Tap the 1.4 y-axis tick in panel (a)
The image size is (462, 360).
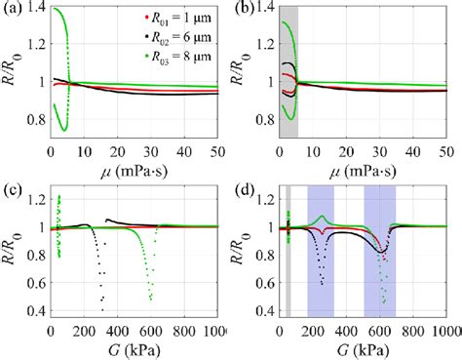(35, 8)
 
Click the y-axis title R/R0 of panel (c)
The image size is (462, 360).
(12, 259)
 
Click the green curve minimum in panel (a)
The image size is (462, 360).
(63, 130)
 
